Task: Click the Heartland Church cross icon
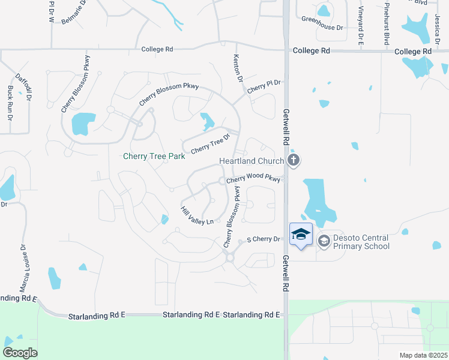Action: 293,160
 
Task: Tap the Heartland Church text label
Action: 251,161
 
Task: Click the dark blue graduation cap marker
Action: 301,234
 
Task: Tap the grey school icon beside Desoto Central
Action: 324,241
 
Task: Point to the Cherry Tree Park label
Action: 153,157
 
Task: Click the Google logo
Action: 20,353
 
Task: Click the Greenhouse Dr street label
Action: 322,28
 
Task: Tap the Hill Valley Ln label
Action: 197,216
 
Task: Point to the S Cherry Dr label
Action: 264,239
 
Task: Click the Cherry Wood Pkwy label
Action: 253,179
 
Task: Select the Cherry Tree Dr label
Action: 211,144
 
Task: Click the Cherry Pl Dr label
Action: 264,85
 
